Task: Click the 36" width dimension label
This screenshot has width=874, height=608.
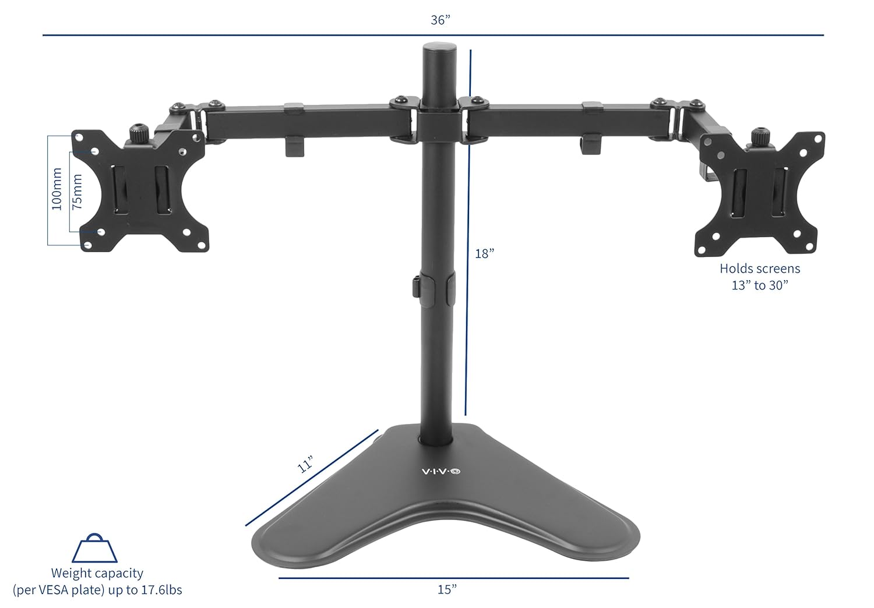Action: click(440, 20)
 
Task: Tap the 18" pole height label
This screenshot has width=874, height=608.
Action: click(484, 254)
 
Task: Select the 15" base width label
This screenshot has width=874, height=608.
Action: click(447, 589)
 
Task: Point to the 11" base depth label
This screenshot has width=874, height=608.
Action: click(305, 464)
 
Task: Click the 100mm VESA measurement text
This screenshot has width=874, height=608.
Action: click(57, 189)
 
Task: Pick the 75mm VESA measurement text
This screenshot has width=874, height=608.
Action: click(77, 192)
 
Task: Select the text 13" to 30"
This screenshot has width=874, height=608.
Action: click(760, 285)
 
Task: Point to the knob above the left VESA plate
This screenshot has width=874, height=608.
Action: click(138, 132)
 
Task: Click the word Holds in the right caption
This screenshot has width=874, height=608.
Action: click(735, 269)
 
